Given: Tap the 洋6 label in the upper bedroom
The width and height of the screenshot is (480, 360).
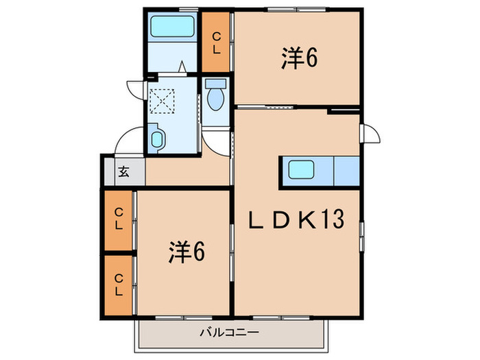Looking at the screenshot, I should point(299,60).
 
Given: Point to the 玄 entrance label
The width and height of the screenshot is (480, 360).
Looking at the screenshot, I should point(124,171).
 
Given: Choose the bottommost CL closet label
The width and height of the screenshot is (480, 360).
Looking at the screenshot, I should point(119,284).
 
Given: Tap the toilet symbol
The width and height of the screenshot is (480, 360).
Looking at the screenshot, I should point(215,96).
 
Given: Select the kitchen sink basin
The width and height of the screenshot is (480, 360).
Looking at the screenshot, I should point(302,170).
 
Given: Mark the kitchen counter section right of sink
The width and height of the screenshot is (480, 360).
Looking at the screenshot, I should point(346,171).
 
